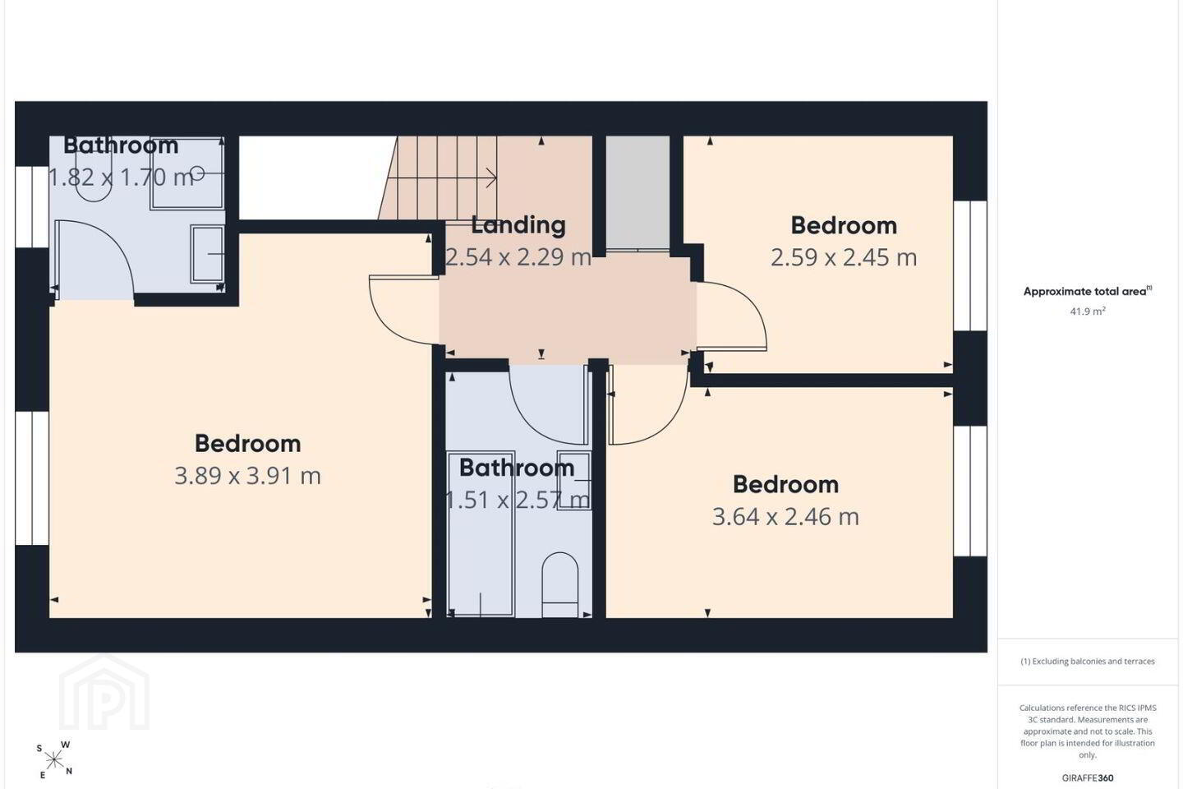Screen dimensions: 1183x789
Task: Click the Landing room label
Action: [x=518, y=225]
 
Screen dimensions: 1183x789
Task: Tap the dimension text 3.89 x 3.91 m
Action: [x=248, y=476]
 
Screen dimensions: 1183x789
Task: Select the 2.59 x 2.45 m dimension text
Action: [x=844, y=257]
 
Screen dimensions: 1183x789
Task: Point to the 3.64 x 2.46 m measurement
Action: [x=785, y=516]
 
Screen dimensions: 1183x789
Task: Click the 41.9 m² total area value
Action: [x=1088, y=311]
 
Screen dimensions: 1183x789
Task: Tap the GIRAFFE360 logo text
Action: [x=1088, y=777]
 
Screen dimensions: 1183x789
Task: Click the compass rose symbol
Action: [x=54, y=761]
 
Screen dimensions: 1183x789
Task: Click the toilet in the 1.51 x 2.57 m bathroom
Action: [x=560, y=584]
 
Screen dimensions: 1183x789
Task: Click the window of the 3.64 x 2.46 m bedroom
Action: [x=970, y=491]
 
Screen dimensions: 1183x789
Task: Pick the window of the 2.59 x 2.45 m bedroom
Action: [x=970, y=265]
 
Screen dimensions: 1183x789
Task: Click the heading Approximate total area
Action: [x=1088, y=291]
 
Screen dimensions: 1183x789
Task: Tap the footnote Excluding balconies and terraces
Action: [x=1088, y=661]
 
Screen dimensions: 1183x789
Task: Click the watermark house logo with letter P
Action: [x=104, y=694]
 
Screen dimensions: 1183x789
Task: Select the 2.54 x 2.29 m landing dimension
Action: [x=518, y=257]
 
